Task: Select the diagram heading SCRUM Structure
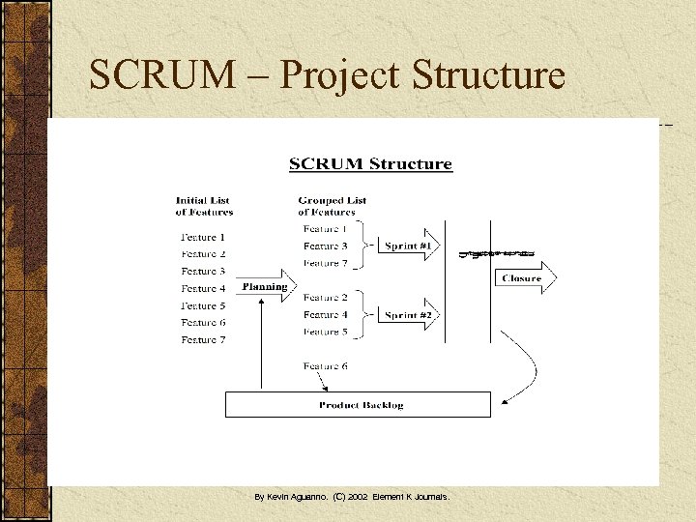(370, 163)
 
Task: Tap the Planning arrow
(265, 287)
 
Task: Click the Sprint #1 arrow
(408, 246)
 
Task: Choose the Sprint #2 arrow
(408, 315)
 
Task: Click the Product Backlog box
(359, 404)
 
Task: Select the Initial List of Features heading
(204, 206)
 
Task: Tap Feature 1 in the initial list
(203, 237)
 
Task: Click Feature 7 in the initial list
(203, 339)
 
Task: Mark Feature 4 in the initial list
(203, 288)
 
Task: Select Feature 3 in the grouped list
(326, 246)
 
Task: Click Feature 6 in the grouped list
(326, 366)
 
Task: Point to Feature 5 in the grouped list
(326, 332)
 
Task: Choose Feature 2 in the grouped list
(326, 298)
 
